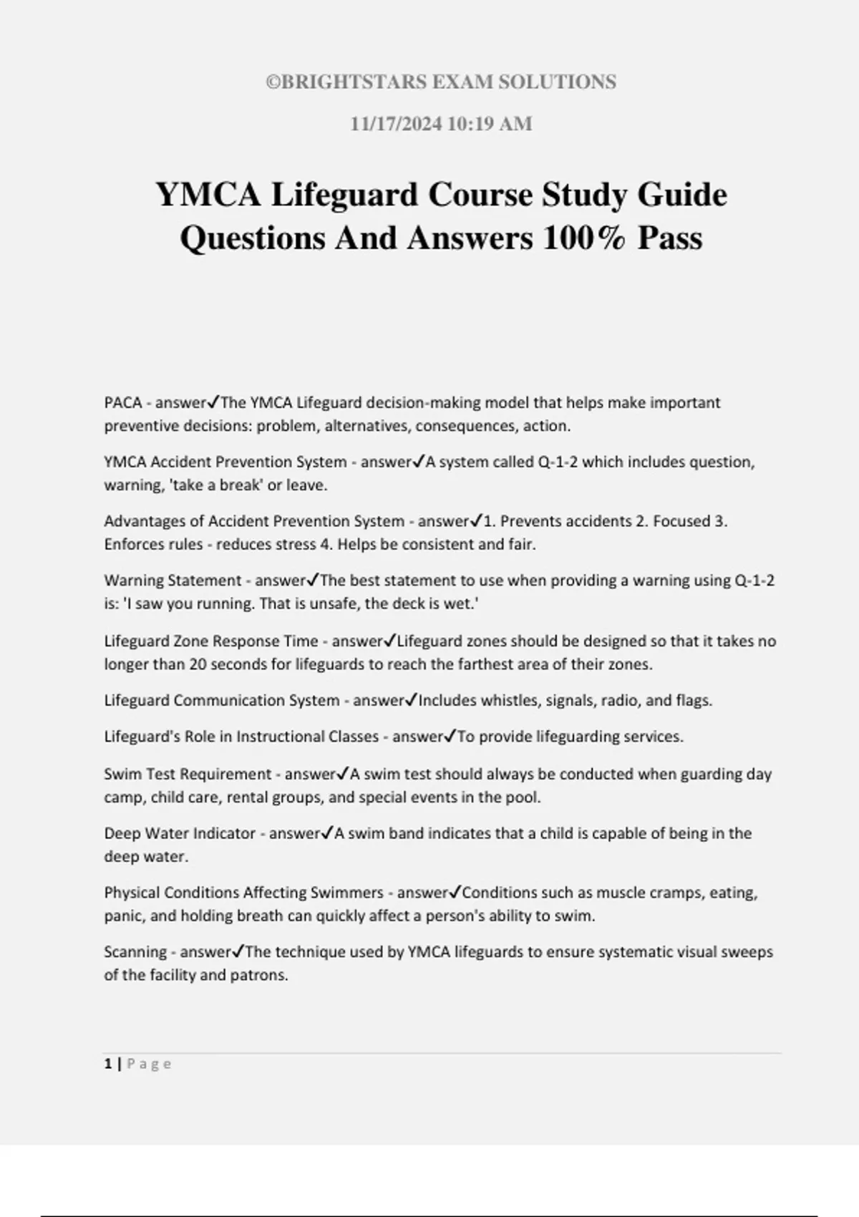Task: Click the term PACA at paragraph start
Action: click(x=123, y=402)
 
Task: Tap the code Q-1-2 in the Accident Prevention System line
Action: click(x=558, y=462)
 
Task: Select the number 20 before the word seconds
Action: click(x=198, y=664)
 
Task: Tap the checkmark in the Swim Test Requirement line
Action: click(x=343, y=773)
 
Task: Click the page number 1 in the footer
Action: click(x=108, y=1064)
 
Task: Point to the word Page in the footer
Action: click(x=149, y=1064)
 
